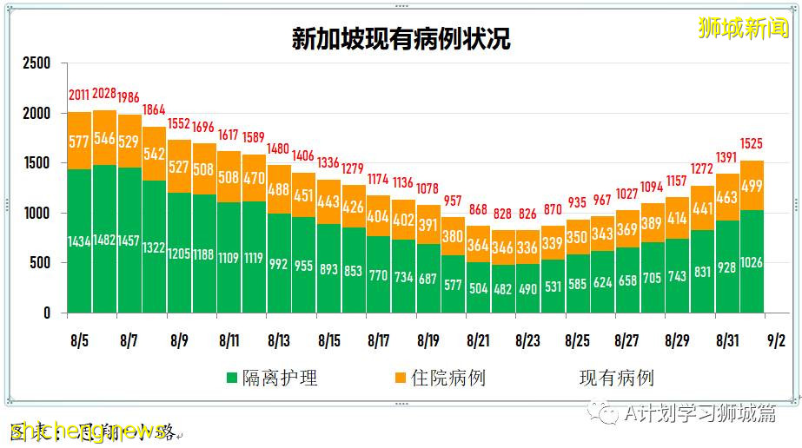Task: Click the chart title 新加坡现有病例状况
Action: coord(401,39)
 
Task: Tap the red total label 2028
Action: coord(104,94)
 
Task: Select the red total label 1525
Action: coord(752,143)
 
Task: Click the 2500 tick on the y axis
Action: coord(36,63)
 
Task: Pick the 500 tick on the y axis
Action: coord(41,263)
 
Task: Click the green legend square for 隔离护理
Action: coord(232,379)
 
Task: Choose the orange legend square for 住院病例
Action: coord(400,379)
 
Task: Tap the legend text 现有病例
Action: coord(616,379)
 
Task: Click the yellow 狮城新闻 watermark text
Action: coord(744,28)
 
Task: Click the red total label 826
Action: coord(528,214)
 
